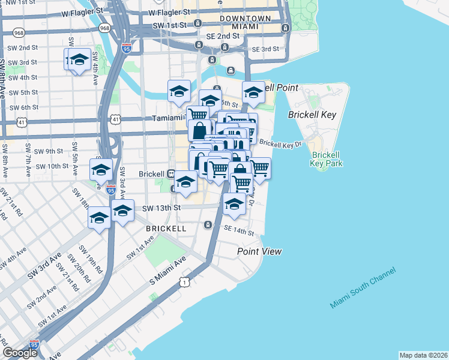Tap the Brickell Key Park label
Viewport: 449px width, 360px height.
coord(327,158)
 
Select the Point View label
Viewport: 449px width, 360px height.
coord(259,251)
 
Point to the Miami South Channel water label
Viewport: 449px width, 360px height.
coord(363,289)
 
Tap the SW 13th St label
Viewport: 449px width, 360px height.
coord(161,208)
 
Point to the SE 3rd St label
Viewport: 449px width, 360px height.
coord(265,49)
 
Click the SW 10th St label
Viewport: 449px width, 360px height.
coord(52,166)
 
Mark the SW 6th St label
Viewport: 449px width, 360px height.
coord(20,107)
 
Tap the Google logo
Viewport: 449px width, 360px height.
coord(20,353)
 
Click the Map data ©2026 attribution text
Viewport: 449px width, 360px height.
coord(423,355)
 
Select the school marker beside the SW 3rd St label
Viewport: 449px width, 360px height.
coord(77,60)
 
